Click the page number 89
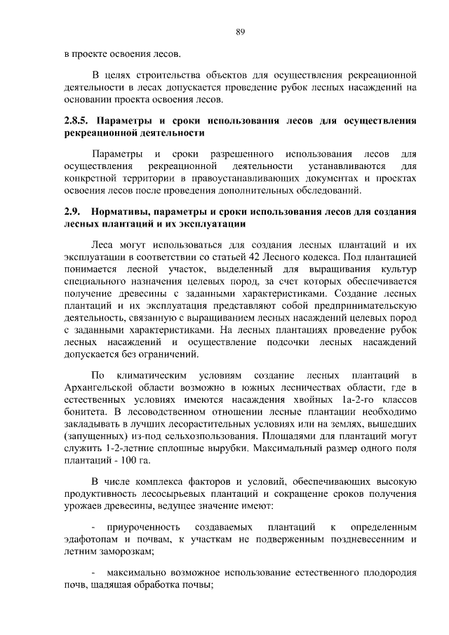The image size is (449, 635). point(240,32)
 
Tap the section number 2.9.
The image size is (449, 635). point(71,211)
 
